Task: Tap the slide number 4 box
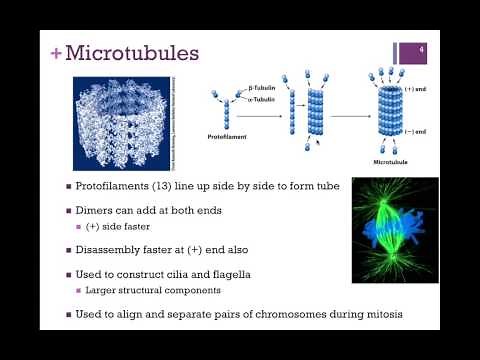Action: (x=423, y=51)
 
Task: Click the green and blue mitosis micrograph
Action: (x=395, y=229)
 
